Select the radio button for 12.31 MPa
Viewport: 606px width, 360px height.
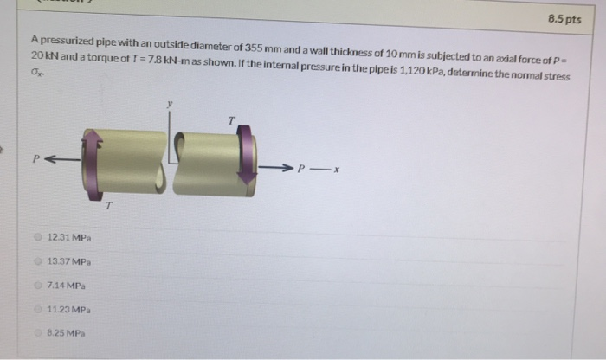[38, 236]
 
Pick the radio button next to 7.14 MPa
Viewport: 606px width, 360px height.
[38, 285]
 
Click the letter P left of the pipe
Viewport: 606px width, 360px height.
[35, 158]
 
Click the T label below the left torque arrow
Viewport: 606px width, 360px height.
[109, 205]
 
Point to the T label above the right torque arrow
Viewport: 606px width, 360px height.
[230, 119]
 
